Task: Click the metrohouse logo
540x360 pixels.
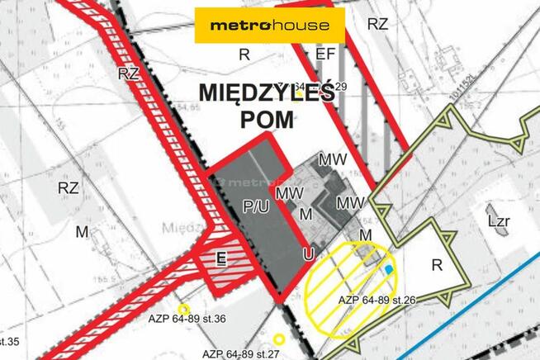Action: [269, 26]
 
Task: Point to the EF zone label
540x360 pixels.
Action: [325, 54]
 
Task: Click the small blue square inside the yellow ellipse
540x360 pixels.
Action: [389, 268]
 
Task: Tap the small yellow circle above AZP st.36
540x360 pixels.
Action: [182, 308]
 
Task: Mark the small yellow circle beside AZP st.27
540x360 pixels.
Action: [279, 339]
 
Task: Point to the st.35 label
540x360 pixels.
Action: [10, 339]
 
